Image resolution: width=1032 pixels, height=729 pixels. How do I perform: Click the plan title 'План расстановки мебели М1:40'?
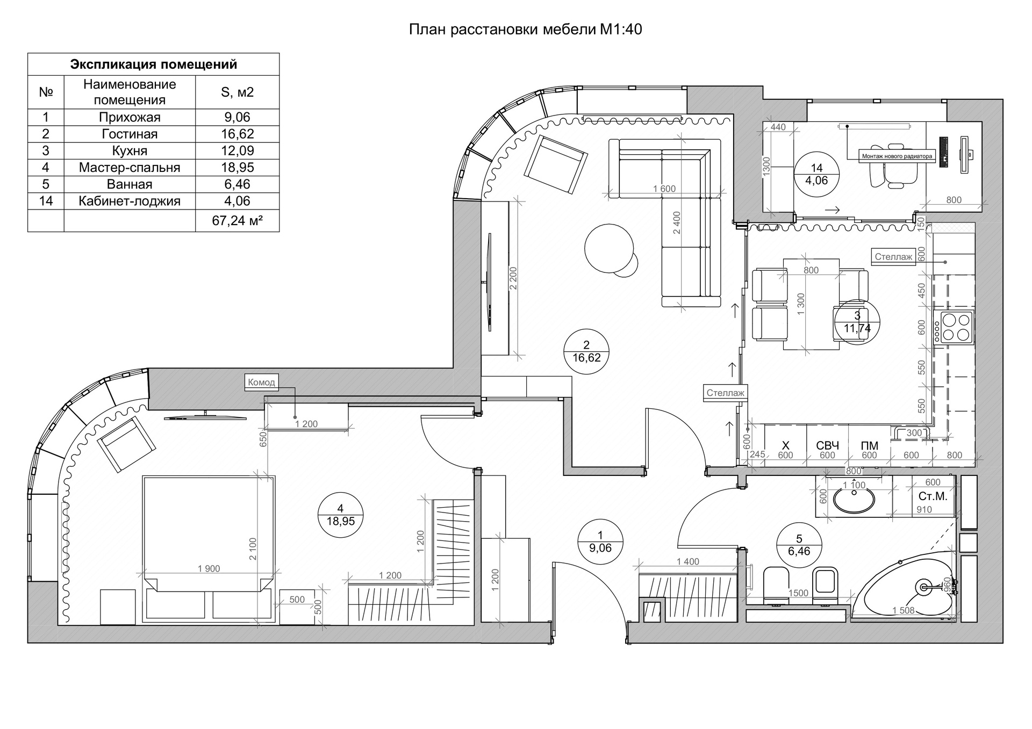[525, 29]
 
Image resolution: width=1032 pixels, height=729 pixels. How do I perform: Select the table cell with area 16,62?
[237, 134]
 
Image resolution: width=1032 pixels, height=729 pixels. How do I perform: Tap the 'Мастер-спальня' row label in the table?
[130, 167]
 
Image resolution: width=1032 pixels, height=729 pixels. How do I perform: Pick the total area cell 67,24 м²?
[237, 220]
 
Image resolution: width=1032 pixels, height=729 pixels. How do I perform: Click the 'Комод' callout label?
[261, 382]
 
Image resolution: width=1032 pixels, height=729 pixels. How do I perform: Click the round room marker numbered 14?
[816, 175]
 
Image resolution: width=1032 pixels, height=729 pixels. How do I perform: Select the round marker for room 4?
[340, 515]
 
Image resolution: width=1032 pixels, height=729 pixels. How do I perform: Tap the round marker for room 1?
[600, 542]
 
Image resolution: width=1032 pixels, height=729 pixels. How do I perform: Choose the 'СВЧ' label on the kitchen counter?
[827, 445]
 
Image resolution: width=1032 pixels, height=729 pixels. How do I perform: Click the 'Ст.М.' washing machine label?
[933, 496]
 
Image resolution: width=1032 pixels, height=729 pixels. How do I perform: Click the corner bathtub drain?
[924, 587]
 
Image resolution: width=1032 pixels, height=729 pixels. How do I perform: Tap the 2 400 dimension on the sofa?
[677, 222]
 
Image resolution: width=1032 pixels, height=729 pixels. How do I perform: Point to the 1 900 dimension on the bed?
[209, 569]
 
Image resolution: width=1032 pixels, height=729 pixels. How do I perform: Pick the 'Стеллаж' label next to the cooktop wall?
[893, 257]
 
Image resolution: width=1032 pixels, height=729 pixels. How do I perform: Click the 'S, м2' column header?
[237, 92]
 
